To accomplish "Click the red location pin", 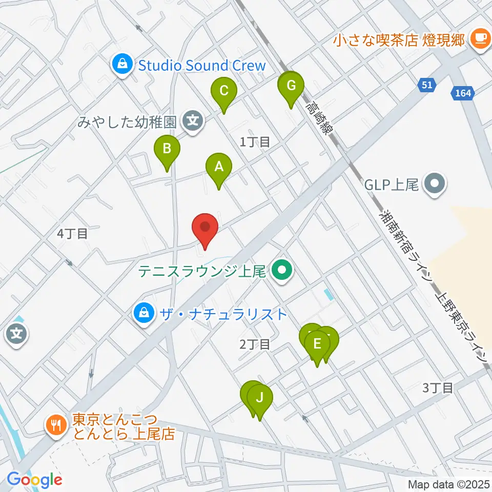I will tap(205, 227).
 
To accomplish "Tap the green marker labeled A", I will tap(219, 167).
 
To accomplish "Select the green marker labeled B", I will tap(167, 149).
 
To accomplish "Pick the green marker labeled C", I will tap(224, 91).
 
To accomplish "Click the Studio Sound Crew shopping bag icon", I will tap(122, 65).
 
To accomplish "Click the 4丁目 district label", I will tap(72, 234).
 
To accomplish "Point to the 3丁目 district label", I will tap(438, 388).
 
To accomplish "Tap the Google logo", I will tap(34, 480).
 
